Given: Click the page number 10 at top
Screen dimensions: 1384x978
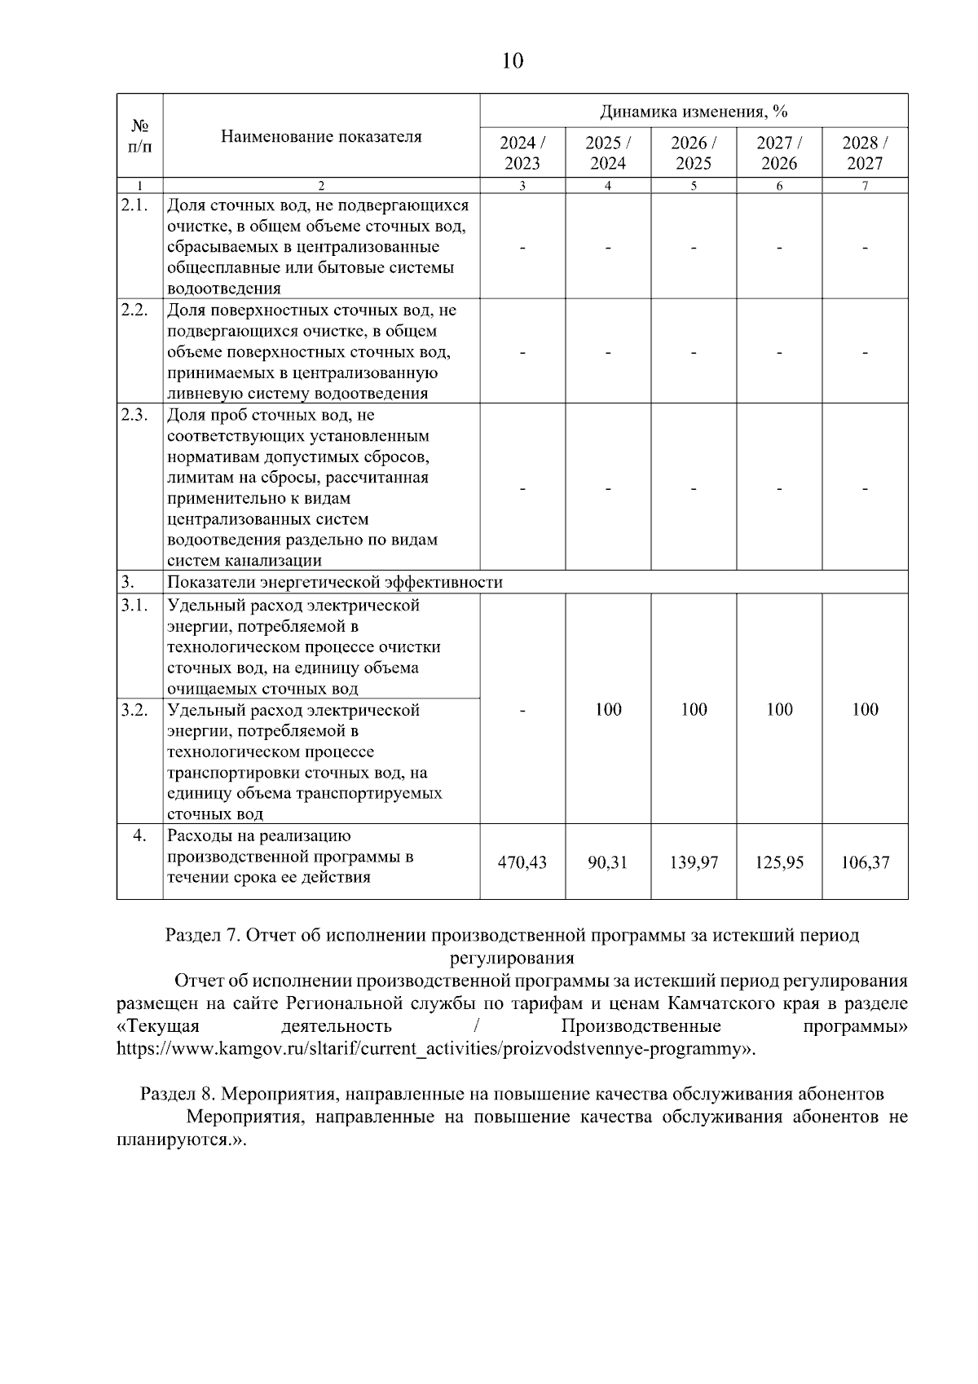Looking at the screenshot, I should pyautogui.click(x=513, y=61).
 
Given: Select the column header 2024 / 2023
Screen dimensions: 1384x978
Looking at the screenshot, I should pyautogui.click(x=522, y=152).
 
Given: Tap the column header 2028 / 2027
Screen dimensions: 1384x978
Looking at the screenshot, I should pyautogui.click(x=865, y=152).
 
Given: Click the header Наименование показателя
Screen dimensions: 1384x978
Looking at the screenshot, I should pyautogui.click(x=321, y=136).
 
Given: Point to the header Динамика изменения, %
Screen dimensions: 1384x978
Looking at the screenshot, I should pyautogui.click(x=694, y=111).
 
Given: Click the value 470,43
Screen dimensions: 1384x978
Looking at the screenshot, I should pyautogui.click(x=522, y=862).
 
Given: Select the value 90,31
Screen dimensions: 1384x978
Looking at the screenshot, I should pyautogui.click(x=608, y=862).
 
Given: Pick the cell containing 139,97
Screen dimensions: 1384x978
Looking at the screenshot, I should pyautogui.click(x=694, y=862).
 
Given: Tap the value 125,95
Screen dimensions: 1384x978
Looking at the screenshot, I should pyautogui.click(x=779, y=862).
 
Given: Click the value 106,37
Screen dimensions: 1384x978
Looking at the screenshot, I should pyautogui.click(x=865, y=862).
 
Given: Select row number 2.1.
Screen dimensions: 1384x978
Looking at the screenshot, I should pyautogui.click(x=134, y=205).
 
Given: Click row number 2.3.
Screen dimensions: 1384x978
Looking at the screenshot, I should pyautogui.click(x=134, y=414).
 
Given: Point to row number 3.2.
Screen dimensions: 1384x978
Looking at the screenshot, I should pyautogui.click(x=134, y=710).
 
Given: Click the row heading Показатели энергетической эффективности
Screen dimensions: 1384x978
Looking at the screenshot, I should pyautogui.click(x=335, y=582).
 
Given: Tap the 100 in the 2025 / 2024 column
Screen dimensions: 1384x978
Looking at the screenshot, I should pyautogui.click(x=608, y=709).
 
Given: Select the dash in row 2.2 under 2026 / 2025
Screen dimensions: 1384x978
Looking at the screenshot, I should pyautogui.click(x=694, y=352).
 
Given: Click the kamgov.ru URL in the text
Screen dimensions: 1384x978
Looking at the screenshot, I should pyautogui.click(x=432, y=1048).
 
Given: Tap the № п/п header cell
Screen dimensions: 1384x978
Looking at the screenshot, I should pyautogui.click(x=139, y=136).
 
